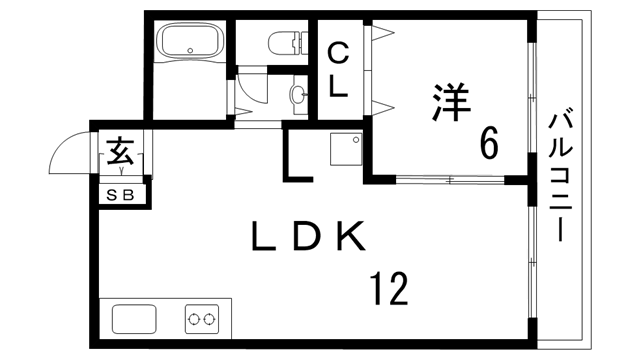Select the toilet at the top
(285, 43)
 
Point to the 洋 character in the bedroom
(452, 103)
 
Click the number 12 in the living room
(389, 290)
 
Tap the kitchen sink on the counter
(134, 319)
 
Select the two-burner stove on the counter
(201, 319)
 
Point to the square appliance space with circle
(346, 149)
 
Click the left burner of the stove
(193, 320)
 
